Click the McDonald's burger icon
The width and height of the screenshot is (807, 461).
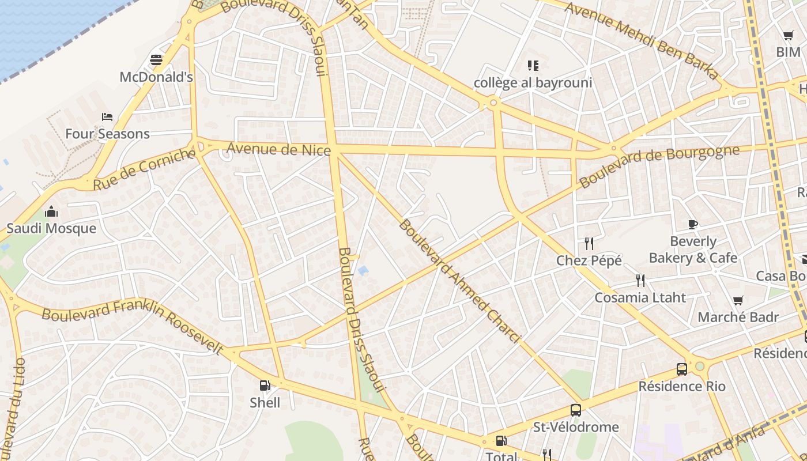156,60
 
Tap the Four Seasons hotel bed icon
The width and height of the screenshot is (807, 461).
107,117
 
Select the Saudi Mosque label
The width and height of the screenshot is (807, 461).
51,228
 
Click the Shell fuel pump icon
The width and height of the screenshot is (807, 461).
265,386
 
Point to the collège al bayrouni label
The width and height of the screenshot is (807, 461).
533,83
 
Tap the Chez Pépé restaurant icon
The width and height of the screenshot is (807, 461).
589,244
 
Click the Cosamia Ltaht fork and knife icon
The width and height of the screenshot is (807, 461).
640,281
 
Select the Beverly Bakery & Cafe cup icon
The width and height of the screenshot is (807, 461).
693,224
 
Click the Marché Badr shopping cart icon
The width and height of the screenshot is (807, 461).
738,300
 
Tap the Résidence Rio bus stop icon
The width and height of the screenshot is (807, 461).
681,369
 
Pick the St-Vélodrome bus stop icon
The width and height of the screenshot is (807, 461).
575,410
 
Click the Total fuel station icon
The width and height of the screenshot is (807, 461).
501,441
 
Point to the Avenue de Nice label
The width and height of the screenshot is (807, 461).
278,149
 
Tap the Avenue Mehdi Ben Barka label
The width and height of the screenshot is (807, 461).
642,40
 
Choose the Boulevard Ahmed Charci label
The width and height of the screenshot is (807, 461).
459,281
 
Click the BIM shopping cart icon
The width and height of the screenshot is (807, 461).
788,36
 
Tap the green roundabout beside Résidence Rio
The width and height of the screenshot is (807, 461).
700,366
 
